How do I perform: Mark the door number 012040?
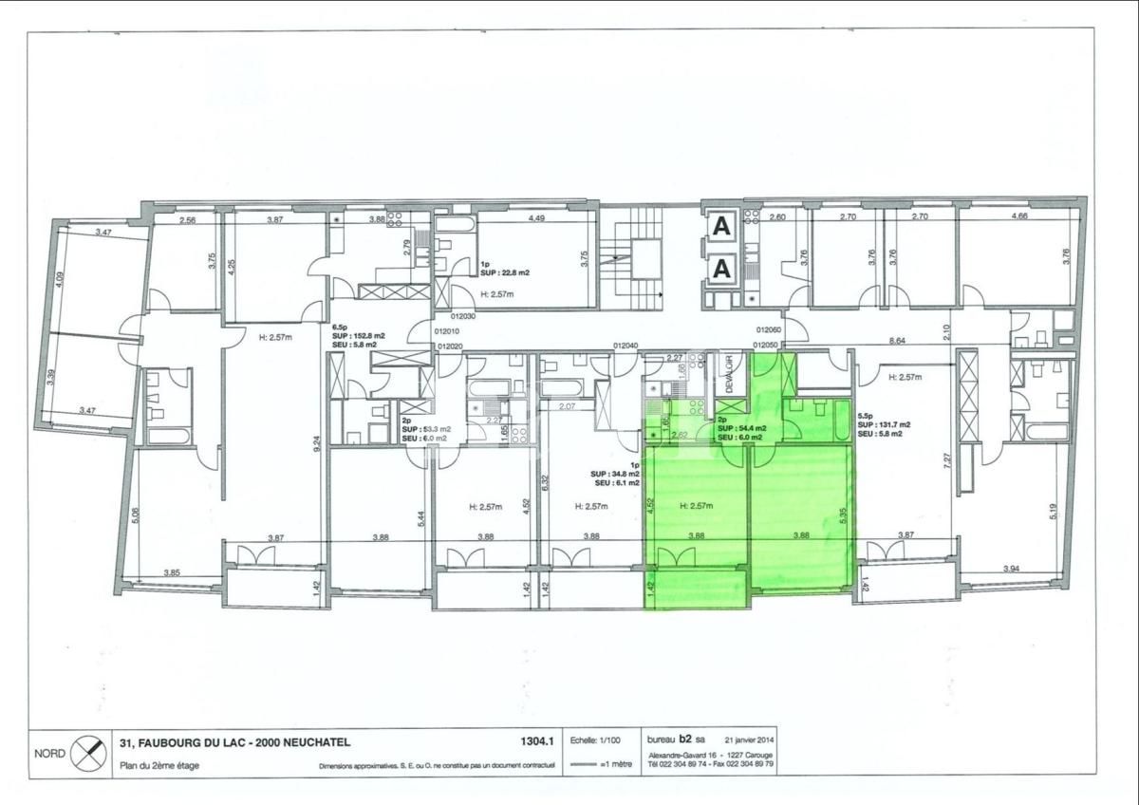coord(626,346)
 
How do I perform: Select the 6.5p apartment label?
coord(339,326)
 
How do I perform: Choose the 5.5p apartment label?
coord(866,415)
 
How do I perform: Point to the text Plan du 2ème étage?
coord(159,765)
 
